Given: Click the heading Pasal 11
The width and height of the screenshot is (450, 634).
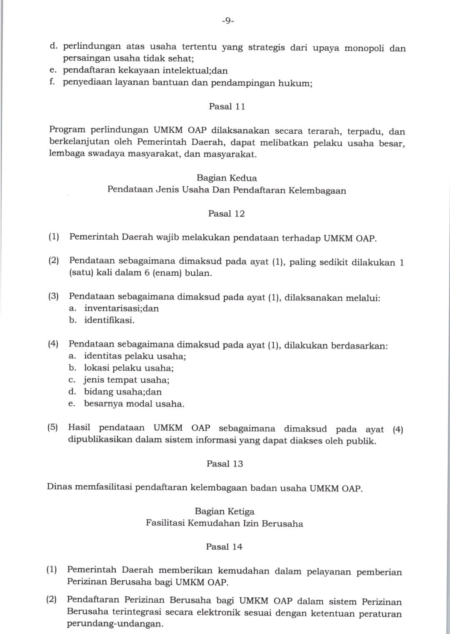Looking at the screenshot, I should click(x=227, y=107).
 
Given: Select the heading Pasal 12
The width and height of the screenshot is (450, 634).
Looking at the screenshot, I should click(x=226, y=214).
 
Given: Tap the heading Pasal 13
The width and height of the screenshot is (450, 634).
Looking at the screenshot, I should click(x=225, y=464).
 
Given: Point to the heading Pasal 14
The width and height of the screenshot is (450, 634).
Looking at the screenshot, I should click(x=224, y=547).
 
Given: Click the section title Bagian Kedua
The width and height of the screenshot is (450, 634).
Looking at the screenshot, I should click(x=227, y=178).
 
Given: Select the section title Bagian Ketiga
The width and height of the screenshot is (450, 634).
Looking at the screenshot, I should click(x=224, y=512).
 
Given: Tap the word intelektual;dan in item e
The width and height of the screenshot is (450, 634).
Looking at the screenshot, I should click(x=195, y=71).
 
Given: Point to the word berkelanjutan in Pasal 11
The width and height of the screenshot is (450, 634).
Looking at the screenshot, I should click(x=79, y=142).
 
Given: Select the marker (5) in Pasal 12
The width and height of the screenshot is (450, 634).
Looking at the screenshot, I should click(x=53, y=428).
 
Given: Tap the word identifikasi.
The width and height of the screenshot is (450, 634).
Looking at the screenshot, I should click(x=109, y=320).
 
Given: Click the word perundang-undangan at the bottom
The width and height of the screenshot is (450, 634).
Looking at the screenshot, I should click(x=113, y=624).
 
